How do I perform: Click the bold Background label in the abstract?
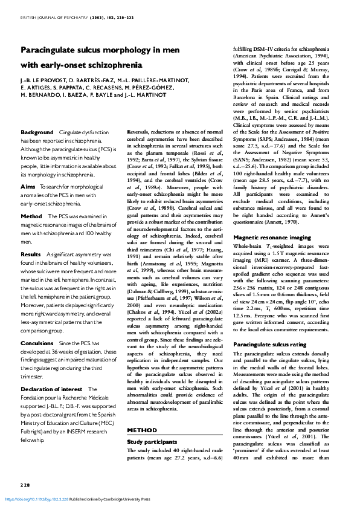pos(37,132)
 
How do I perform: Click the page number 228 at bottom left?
pos(25,485)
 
